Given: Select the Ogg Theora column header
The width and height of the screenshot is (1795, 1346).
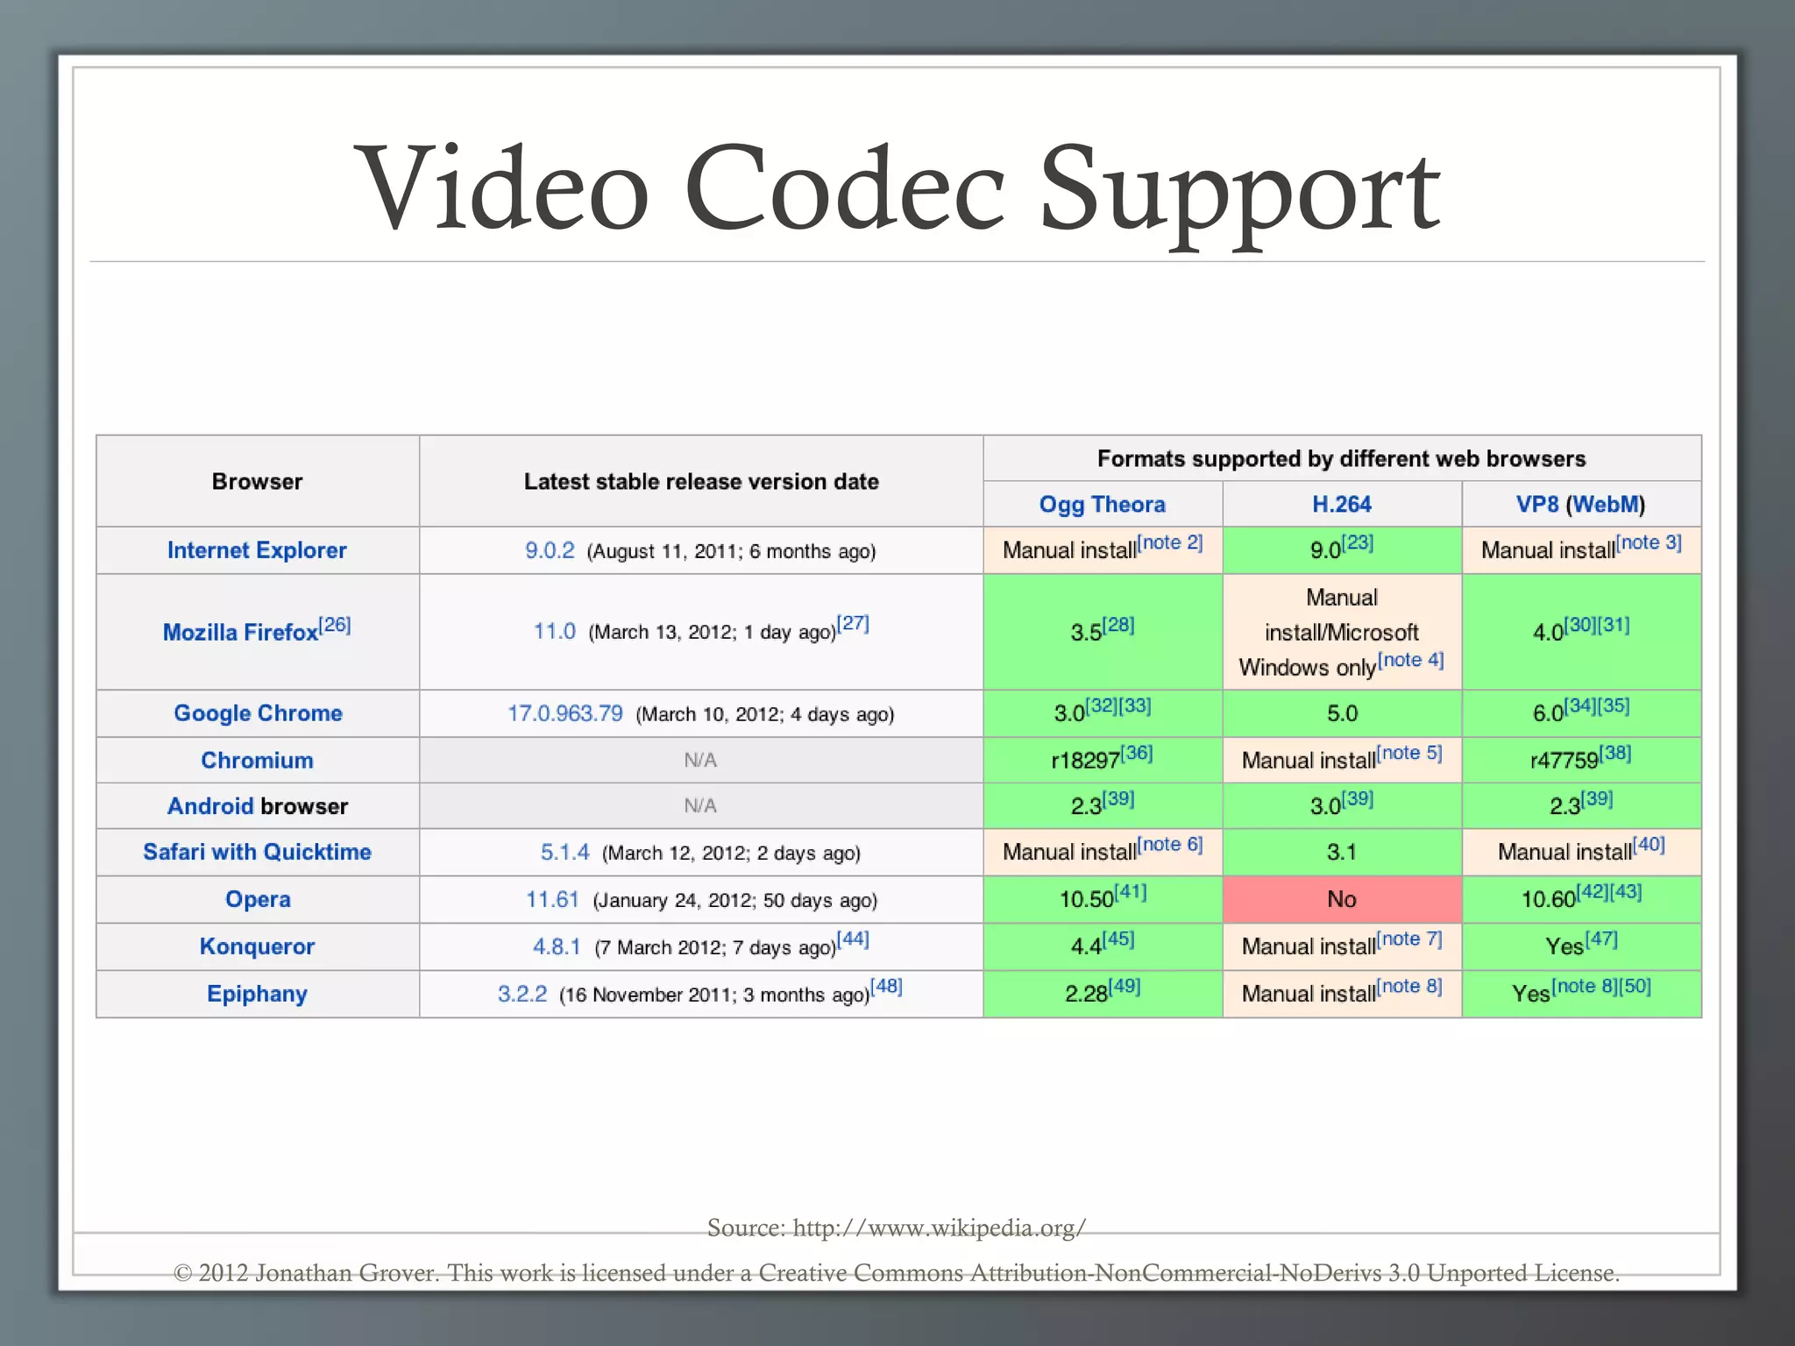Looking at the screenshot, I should click(1102, 505).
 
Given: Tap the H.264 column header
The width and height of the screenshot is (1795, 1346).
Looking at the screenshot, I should click(1341, 505).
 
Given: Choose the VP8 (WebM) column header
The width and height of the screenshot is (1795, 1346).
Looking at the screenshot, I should click(1580, 505).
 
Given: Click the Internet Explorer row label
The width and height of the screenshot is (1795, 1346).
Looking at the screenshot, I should click(257, 550).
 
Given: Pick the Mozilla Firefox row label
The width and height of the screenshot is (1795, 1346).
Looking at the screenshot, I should click(241, 632).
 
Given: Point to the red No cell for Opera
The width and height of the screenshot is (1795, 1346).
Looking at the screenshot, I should click(1341, 899).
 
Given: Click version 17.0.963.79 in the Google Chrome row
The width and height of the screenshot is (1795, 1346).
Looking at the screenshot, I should click(565, 713).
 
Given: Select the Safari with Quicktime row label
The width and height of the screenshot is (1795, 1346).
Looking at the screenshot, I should click(257, 852).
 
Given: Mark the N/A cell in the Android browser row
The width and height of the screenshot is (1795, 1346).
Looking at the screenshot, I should click(700, 806).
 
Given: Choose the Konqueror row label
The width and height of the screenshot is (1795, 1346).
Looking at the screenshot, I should click(257, 946).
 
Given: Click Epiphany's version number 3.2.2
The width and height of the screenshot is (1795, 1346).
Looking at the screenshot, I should click(522, 994).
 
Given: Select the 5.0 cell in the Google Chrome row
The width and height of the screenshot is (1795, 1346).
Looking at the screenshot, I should click(1341, 713).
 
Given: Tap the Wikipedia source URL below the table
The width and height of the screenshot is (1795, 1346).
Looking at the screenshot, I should click(939, 1228).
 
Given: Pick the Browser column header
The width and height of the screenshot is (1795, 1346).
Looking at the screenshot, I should click(257, 481).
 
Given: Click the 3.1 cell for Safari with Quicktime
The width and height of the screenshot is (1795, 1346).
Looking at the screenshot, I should click(1341, 852).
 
